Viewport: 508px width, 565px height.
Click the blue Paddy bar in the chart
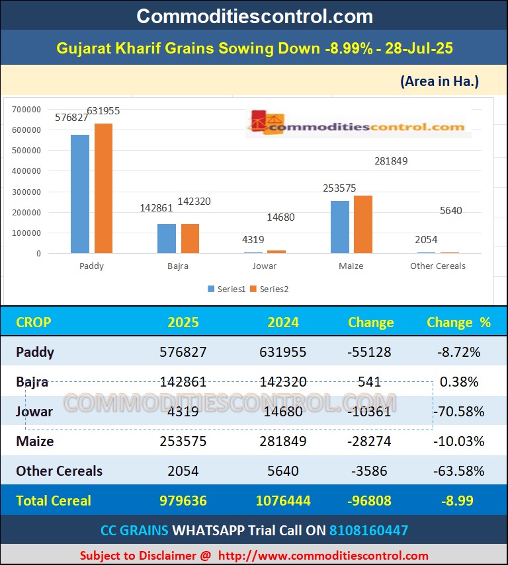[80, 194]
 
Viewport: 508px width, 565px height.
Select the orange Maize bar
[363, 224]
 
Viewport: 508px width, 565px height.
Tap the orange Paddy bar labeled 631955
[103, 188]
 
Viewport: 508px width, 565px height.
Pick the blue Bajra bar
[167, 239]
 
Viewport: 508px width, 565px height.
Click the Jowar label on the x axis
[265, 266]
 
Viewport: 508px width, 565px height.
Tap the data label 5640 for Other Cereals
[450, 211]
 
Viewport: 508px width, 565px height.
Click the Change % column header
[458, 322]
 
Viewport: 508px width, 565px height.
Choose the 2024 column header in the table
[282, 322]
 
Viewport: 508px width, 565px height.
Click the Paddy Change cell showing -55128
[370, 352]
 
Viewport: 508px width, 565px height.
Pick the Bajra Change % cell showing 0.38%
[458, 382]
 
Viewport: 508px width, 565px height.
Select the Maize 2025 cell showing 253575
[183, 441]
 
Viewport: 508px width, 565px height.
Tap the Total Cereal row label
[54, 501]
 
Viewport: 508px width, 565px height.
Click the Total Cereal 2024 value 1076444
[282, 501]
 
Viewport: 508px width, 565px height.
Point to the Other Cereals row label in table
[59, 471]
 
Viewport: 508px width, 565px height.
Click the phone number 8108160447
[368, 530]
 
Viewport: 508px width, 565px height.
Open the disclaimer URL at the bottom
[323, 556]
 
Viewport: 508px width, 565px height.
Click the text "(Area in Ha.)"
[439, 81]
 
